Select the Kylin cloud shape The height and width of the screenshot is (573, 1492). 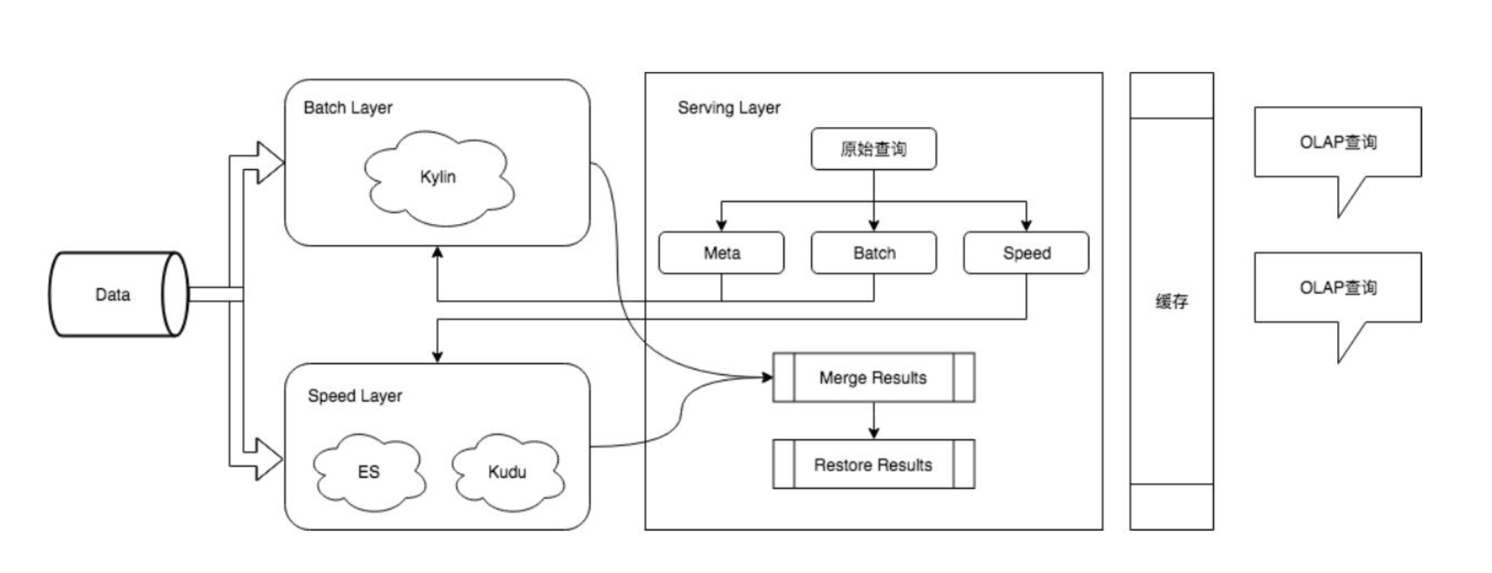tap(439, 178)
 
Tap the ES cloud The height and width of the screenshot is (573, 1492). tap(369, 473)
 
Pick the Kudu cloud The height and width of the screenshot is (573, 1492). tap(507, 473)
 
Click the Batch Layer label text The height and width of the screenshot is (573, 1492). tap(348, 108)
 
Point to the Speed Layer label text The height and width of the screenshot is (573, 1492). tap(354, 396)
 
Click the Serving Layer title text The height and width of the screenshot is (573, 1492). tap(729, 108)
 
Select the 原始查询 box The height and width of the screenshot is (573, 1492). tap(874, 149)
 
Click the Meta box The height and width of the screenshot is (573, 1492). tap(721, 253)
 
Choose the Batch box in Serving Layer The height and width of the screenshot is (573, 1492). tap(874, 253)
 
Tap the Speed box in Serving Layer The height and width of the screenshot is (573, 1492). tap(1026, 253)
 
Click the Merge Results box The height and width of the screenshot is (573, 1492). tap(874, 378)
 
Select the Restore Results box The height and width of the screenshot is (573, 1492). tap(874, 465)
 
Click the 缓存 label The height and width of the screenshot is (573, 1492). tap(1171, 302)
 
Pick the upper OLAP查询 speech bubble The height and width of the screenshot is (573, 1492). tap(1337, 143)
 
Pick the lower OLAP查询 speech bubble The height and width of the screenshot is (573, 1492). tap(1337, 288)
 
